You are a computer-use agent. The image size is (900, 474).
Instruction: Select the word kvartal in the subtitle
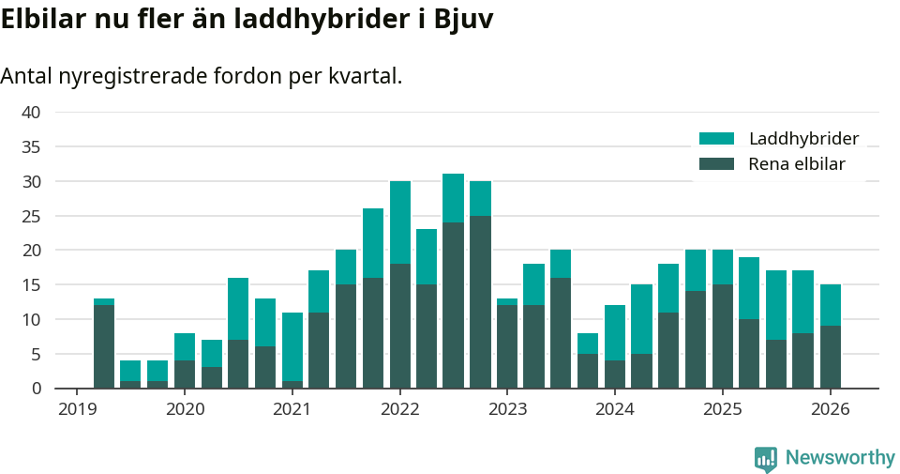(365, 76)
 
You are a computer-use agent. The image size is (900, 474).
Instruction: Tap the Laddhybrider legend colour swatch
(717, 139)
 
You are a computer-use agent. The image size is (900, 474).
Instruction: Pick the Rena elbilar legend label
(797, 164)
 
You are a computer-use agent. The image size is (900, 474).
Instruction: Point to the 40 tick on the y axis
(31, 113)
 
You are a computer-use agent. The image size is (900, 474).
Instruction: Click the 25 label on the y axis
(31, 216)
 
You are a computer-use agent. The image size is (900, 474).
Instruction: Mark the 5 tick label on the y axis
(36, 354)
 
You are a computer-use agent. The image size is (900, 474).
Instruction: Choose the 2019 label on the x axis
(78, 409)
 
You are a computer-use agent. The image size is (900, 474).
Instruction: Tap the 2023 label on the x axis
(508, 409)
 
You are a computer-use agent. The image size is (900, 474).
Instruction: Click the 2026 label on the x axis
(831, 409)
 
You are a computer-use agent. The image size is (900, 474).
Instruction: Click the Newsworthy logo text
(840, 458)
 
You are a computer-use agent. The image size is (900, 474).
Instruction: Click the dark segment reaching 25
(481, 301)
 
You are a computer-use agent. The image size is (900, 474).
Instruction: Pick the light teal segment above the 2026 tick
(831, 305)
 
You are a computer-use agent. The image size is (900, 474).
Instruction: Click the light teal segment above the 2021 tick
(292, 346)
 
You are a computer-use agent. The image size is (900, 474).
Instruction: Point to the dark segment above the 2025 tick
(723, 336)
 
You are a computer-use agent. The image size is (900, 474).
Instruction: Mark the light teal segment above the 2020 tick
(185, 346)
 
